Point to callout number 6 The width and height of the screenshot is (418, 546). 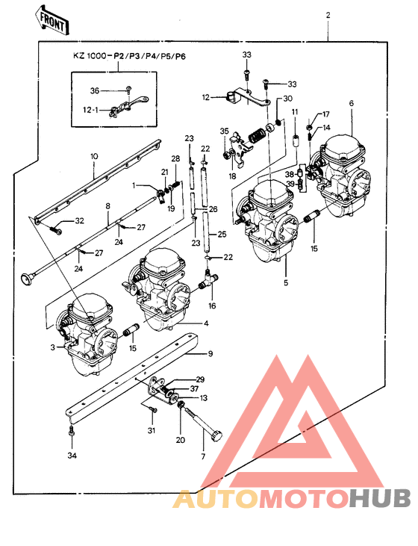coord(351,103)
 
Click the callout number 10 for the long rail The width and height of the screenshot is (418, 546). coord(94,156)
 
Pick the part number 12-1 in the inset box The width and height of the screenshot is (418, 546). coord(90,110)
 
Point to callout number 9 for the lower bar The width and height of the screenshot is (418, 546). coord(210,353)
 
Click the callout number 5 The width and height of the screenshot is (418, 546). coord(284,283)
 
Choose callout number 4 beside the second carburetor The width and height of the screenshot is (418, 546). coord(207,323)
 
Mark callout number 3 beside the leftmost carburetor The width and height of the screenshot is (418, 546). coord(53,347)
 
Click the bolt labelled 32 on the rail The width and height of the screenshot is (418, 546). coord(56,229)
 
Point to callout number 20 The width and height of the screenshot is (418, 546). coord(180,439)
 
